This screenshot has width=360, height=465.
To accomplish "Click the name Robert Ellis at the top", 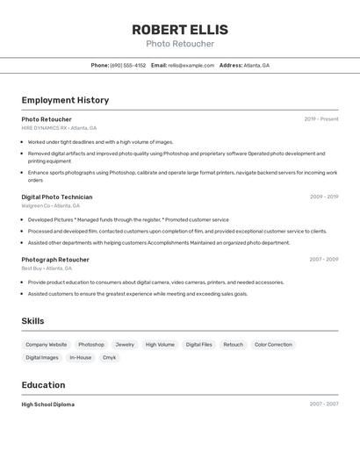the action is (x=179, y=29).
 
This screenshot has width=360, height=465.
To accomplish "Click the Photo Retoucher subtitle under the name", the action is (x=179, y=44).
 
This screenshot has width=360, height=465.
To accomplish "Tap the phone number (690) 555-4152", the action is (x=128, y=65).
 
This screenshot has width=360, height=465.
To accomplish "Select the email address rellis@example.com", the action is (x=191, y=65).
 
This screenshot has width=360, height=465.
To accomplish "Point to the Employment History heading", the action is (x=65, y=100).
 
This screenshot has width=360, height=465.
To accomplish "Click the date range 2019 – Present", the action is (x=320, y=118).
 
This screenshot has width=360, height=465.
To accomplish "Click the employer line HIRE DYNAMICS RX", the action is (x=59, y=128).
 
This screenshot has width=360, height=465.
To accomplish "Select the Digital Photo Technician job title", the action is (x=56, y=197).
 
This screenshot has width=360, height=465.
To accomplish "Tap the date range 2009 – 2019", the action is (x=323, y=197).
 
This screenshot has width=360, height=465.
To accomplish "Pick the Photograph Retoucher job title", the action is (x=55, y=260).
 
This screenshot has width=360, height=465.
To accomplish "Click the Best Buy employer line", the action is (x=48, y=268).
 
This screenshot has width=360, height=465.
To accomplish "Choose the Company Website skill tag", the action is (x=46, y=345).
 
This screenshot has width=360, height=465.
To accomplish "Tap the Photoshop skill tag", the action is (x=91, y=345).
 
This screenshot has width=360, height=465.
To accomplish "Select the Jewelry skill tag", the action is (x=125, y=345).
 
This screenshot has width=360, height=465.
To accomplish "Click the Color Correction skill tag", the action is (x=273, y=345).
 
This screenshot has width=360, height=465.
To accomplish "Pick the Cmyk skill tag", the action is (x=109, y=357).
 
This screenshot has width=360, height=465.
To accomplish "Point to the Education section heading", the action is (x=43, y=384).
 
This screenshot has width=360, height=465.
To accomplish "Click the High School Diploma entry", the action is (x=47, y=404).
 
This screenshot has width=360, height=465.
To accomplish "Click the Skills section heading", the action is (x=32, y=321).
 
